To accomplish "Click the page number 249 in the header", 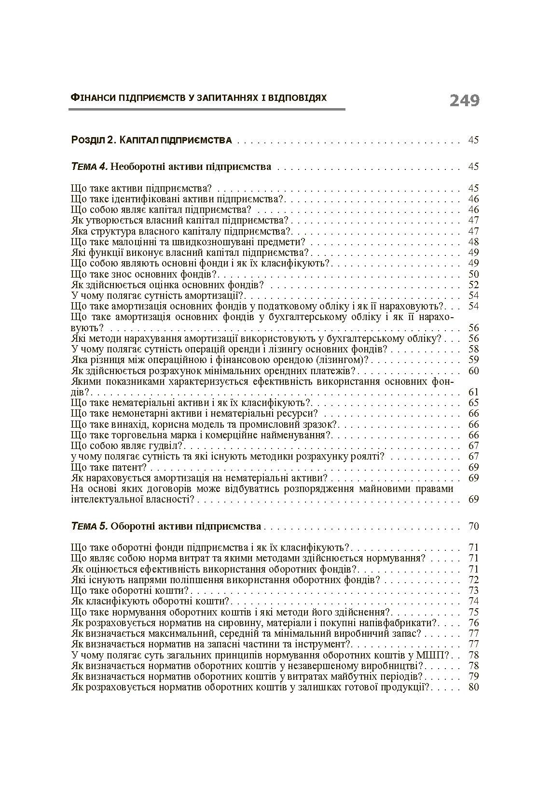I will pos(464,100).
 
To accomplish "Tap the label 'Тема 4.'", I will pos(89,167).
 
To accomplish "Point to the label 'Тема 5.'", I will pos(89,526).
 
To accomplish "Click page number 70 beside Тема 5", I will pos(473,526).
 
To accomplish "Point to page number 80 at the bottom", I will pos(473,686).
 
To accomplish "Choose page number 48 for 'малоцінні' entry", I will pos(473,242).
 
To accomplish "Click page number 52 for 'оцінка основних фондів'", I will pos(473,285).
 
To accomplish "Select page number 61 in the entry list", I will pos(473,392).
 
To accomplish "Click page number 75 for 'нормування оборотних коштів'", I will pos(473,612).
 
